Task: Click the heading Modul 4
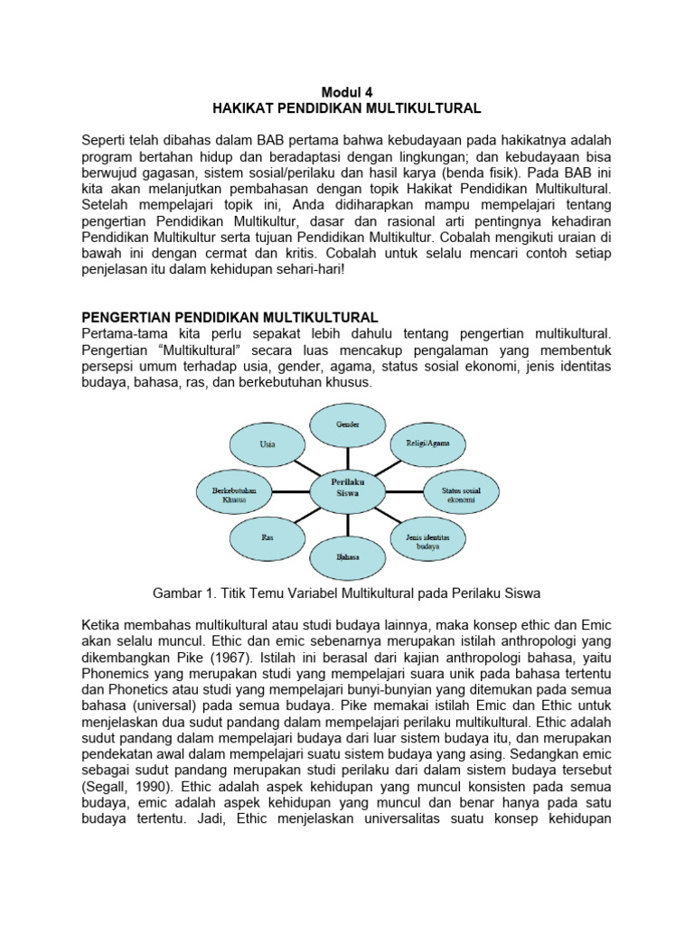pos(347,91)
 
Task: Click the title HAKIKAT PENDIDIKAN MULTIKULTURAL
pos(347,108)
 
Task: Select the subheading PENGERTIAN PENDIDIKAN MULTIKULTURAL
pos(230,316)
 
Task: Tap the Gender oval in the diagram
pos(348,424)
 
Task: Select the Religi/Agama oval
pos(427,444)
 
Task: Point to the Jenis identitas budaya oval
pos(427,541)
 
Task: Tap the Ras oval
pos(267,537)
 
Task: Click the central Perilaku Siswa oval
pos(348,491)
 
